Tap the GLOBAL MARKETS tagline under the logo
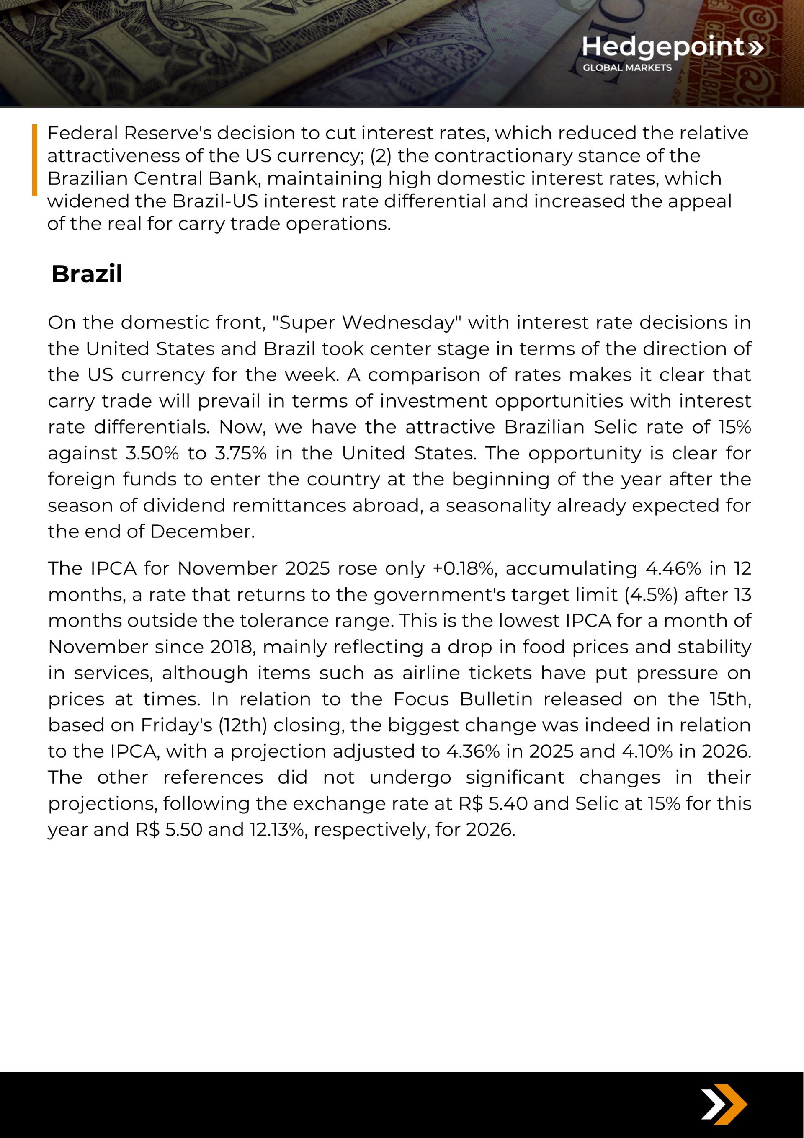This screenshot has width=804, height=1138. click(626, 67)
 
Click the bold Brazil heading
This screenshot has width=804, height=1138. click(87, 274)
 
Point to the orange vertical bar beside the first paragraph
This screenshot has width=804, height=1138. click(35, 160)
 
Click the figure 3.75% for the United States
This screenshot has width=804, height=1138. click(240, 454)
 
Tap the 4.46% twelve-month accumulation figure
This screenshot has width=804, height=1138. click(673, 568)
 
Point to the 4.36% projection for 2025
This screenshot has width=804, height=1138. click(472, 751)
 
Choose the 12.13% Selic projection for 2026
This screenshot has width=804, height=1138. click(278, 830)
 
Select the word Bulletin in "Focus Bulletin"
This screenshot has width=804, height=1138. click(496, 699)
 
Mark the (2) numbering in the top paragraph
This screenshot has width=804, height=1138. click(380, 156)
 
